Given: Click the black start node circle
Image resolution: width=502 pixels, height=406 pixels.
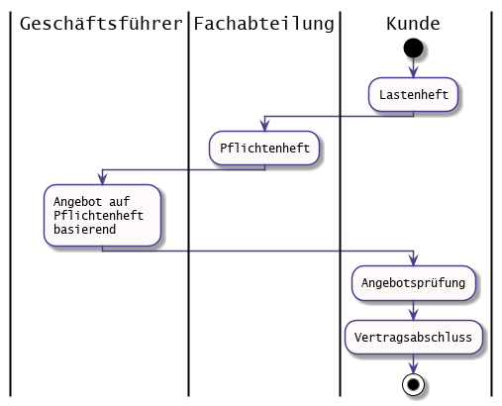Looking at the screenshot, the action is coord(413,48).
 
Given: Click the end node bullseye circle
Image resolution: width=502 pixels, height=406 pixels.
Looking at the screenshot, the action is coord(413,384).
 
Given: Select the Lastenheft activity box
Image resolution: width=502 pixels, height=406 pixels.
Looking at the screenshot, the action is coord(413,95).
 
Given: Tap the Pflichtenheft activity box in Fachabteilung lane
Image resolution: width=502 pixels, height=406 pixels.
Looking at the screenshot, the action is coord(264,148).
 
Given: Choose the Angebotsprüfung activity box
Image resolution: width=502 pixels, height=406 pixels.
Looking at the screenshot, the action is coord(413,283).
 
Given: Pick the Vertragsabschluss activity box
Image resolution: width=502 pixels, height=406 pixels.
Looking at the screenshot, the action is coord(413,337).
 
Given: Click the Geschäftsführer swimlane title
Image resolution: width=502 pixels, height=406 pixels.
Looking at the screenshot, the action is coord(101,24).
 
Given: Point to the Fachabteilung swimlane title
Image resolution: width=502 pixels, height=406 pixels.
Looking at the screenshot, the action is coord(263,24).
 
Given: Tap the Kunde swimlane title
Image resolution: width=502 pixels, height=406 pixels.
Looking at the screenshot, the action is coord(413,24).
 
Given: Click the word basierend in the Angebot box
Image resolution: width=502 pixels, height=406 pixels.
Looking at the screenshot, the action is coord(85,229).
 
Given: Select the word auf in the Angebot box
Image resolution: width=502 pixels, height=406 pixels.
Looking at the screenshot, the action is coord(120,201).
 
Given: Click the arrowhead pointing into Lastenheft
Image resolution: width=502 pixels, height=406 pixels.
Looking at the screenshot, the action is coord(413,72).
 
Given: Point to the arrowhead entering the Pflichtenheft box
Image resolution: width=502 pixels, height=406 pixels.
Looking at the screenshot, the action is coord(264,126).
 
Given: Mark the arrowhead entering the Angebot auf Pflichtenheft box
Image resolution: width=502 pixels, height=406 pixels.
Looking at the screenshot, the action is coord(103,179).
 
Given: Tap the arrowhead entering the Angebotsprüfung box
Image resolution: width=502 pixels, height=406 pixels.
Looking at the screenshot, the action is coord(413,260).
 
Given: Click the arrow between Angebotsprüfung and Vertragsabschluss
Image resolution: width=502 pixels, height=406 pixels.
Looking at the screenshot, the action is coord(413,310).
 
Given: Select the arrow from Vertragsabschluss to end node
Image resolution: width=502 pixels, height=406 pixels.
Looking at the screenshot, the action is coord(413,364).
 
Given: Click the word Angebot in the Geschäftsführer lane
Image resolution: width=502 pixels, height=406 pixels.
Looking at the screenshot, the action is coord(78,201).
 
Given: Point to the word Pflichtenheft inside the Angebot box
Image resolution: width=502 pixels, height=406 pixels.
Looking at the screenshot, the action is coord(99,215).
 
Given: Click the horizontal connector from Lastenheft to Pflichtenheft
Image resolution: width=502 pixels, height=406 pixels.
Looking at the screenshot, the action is coord(339,116).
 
